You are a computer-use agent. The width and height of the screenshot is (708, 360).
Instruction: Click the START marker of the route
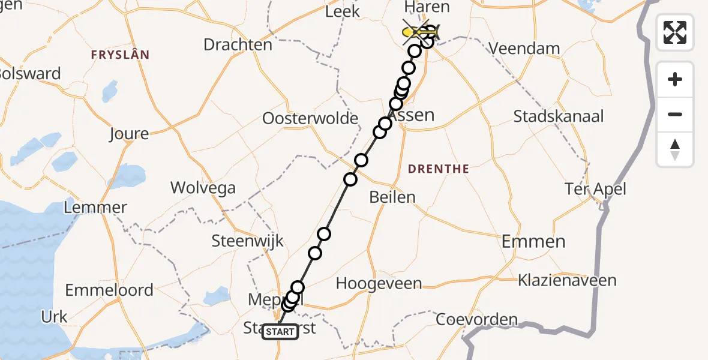point(280,332)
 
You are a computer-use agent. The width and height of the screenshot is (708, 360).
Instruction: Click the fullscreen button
point(675,32)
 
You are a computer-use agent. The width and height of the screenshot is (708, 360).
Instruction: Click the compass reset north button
point(675,149)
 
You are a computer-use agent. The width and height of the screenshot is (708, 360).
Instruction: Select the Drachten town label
point(238,44)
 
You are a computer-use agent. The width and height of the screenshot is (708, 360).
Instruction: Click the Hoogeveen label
point(379,283)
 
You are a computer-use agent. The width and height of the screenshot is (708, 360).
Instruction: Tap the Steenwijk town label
point(247,242)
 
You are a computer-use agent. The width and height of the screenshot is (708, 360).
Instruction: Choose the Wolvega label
point(203,188)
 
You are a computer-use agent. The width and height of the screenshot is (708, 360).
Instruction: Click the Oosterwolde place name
point(310,118)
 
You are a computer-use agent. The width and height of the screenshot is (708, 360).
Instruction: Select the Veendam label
point(526,49)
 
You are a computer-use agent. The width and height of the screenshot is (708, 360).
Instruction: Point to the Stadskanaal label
point(559,116)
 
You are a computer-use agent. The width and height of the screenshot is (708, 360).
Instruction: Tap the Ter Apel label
point(595,190)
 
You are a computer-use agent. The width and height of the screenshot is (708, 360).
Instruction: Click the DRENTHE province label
point(438,169)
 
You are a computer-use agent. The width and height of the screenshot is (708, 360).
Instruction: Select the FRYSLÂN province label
point(120,55)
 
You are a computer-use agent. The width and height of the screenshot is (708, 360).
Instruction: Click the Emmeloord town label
point(109,290)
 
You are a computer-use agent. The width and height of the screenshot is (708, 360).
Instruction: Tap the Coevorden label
point(476,319)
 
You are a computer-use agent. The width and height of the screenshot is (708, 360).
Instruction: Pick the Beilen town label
point(392,197)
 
